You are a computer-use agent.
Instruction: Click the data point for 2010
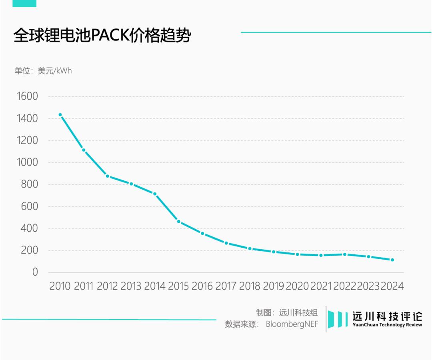tap(60, 115)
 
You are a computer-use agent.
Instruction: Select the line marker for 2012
tap(108, 176)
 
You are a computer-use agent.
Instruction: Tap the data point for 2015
tap(179, 222)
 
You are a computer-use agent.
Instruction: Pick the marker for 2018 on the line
tap(250, 248)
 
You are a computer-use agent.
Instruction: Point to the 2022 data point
tap(345, 254)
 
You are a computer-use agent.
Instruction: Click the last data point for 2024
tap(392, 260)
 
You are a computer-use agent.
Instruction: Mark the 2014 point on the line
tap(155, 194)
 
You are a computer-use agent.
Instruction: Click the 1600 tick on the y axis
tap(27, 96)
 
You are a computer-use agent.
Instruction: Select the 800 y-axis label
tap(30, 184)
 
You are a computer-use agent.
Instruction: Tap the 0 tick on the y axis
tap(35, 272)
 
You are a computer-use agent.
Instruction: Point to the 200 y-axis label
tap(30, 250)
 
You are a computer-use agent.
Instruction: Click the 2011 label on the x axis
tap(84, 286)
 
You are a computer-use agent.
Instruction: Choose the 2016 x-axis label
tap(202, 286)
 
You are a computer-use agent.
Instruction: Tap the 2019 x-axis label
tap(274, 286)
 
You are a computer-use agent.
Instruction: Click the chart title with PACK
tap(102, 36)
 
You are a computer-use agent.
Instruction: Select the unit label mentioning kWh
tap(43, 71)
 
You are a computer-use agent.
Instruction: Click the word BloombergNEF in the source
tap(292, 324)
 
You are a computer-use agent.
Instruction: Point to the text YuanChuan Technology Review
tap(387, 325)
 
